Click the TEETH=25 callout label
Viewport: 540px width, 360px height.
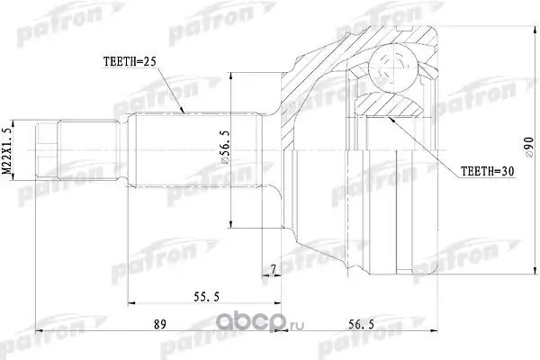[130, 62]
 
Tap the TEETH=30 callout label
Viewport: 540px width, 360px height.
[487, 171]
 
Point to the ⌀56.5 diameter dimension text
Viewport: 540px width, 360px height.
[226, 148]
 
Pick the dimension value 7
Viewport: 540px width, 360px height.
[273, 270]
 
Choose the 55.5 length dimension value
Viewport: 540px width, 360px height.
[206, 297]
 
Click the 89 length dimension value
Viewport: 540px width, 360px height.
[159, 324]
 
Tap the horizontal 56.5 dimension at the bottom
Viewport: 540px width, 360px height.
[361, 324]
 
